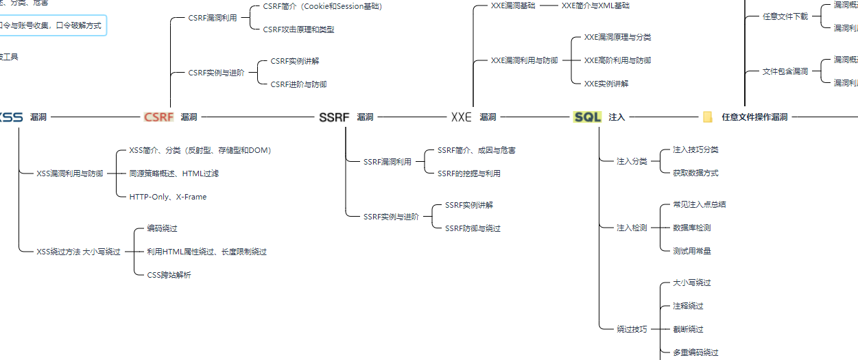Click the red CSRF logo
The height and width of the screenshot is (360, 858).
pos(158,117)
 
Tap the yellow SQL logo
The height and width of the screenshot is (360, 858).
pos(587,117)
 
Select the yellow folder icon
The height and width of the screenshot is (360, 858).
pos(708,117)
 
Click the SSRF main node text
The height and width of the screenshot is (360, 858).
pos(334,117)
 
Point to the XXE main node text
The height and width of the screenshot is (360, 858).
pos(462,117)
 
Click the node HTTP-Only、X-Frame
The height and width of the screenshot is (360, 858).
pos(167,197)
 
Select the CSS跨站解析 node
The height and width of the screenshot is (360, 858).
pos(169,275)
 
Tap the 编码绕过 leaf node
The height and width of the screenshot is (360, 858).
pos(162,228)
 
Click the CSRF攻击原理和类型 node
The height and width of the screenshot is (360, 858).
pos(298,29)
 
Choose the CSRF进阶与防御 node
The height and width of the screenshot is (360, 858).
pos(298,84)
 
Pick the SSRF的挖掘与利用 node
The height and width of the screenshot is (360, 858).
pos(469,173)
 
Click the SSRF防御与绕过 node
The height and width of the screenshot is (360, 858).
pos(473,228)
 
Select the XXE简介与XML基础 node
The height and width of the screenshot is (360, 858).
pos(595,5)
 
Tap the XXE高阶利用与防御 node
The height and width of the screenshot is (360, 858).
pos(617,60)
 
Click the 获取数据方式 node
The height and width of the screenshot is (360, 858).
pos(695,173)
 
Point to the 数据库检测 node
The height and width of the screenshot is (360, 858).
pos(691,228)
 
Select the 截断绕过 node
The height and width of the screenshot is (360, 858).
pos(688,329)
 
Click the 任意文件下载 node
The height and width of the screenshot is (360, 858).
pos(785,16)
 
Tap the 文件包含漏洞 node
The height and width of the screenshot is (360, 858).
pos(785,71)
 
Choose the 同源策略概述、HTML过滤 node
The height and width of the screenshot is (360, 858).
pos(174,173)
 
